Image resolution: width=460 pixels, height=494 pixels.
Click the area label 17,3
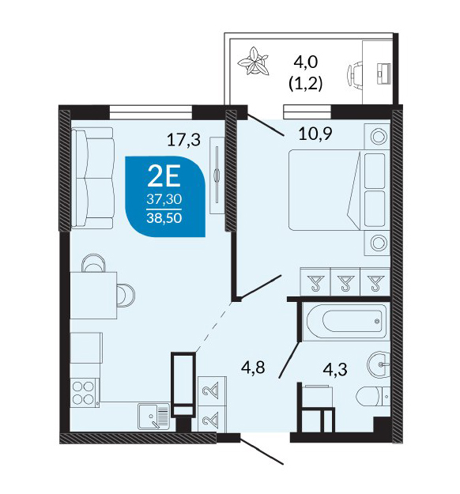(x=183, y=140)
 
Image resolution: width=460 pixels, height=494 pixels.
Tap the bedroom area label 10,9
(x=315, y=134)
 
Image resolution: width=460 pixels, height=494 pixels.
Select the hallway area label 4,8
(x=253, y=368)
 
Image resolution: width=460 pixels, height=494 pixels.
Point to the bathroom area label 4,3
(x=336, y=369)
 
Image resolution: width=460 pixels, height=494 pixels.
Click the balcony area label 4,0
(x=306, y=62)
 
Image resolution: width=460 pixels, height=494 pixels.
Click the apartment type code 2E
(x=164, y=176)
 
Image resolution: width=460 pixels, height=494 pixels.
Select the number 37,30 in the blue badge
(x=164, y=199)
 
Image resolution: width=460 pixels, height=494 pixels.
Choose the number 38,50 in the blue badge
(x=164, y=217)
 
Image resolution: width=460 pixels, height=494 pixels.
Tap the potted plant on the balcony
(x=254, y=62)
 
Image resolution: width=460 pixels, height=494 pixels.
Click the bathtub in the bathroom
(x=346, y=321)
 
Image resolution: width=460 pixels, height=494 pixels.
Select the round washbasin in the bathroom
(x=379, y=364)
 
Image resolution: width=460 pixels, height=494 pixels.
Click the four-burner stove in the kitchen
(x=84, y=393)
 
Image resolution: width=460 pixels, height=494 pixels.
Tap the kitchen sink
(x=154, y=417)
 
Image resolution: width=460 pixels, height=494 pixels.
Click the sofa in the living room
(x=92, y=178)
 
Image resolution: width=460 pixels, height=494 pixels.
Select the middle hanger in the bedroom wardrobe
(x=345, y=282)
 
